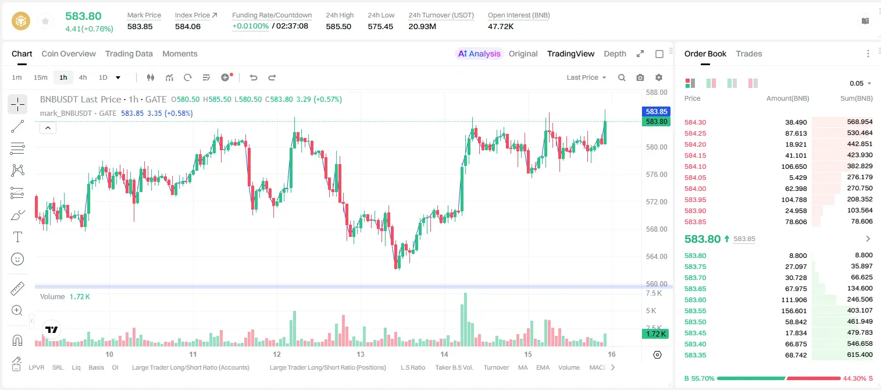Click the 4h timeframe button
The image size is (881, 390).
83,77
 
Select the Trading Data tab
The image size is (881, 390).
129,54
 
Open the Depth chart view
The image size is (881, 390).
615,54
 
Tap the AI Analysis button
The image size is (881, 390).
479,54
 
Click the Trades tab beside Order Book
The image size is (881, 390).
749,54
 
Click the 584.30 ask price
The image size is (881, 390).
695,122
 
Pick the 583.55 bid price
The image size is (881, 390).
695,311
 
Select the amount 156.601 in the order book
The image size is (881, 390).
794,311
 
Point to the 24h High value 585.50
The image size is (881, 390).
338,26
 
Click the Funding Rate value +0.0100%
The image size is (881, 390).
250,26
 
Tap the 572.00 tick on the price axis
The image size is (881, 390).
657,202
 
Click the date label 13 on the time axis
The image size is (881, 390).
361,354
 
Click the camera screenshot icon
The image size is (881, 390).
640,77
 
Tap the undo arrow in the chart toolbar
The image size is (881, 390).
254,77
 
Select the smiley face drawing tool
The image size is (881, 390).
17,259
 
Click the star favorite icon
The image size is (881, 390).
45,21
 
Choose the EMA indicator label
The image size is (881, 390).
543,367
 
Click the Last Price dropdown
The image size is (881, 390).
586,77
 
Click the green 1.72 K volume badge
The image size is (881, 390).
655,334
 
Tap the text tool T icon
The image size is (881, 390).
17,237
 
